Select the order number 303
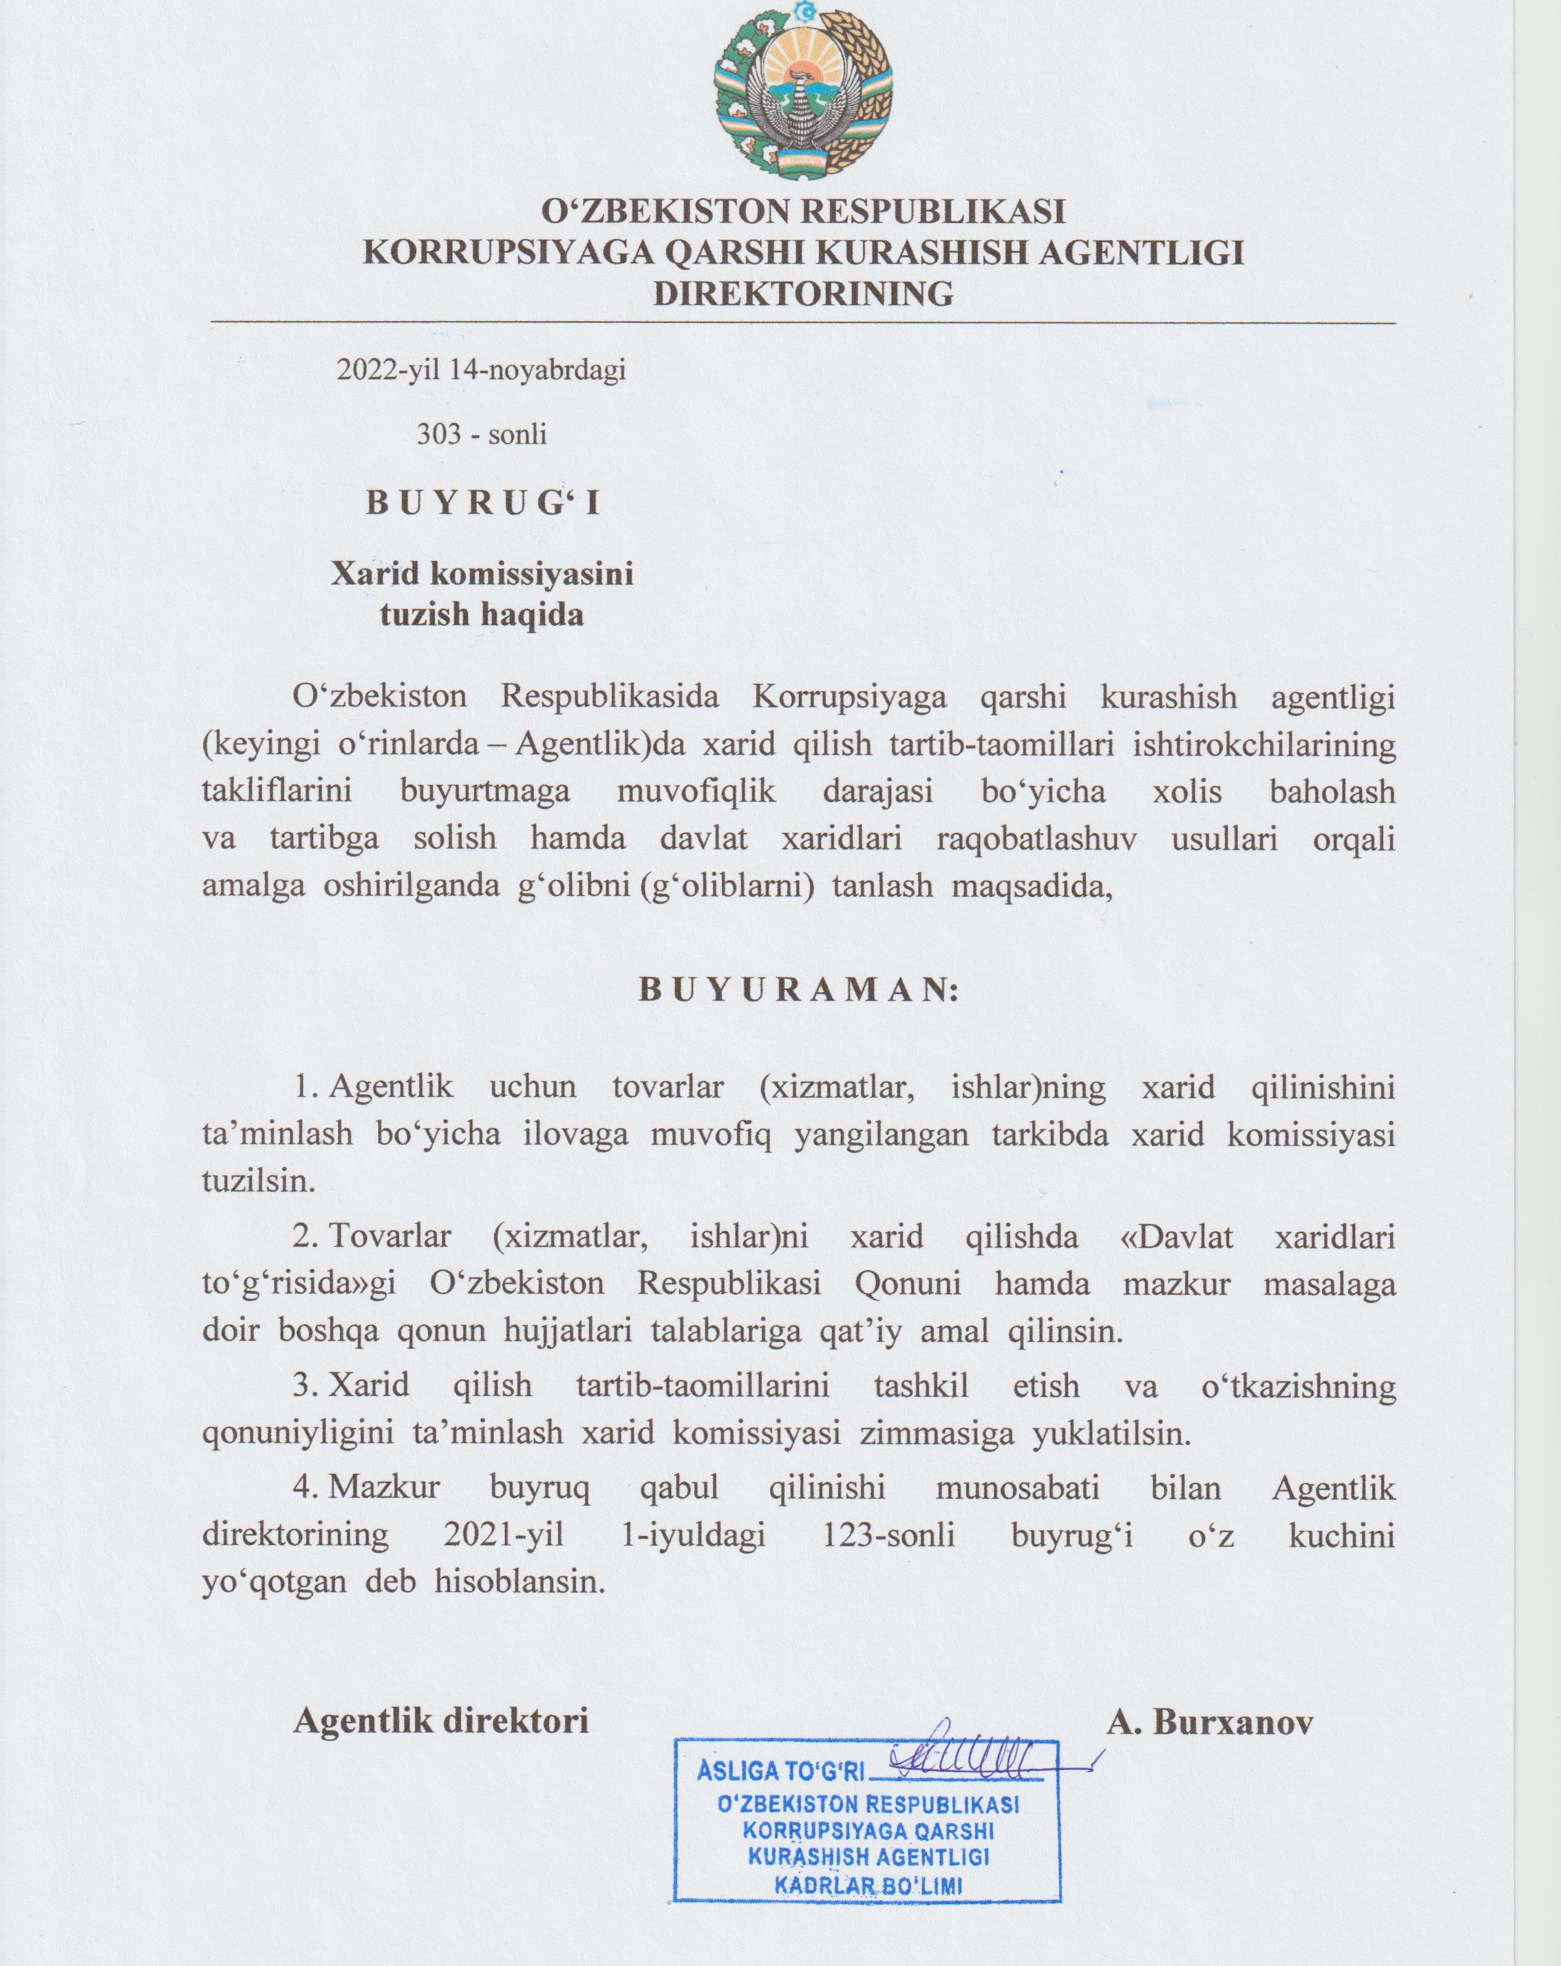439,434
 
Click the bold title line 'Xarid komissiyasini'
482,574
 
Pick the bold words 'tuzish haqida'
482,615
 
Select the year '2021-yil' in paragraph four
504,1536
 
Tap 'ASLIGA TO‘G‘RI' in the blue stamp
780,1772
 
